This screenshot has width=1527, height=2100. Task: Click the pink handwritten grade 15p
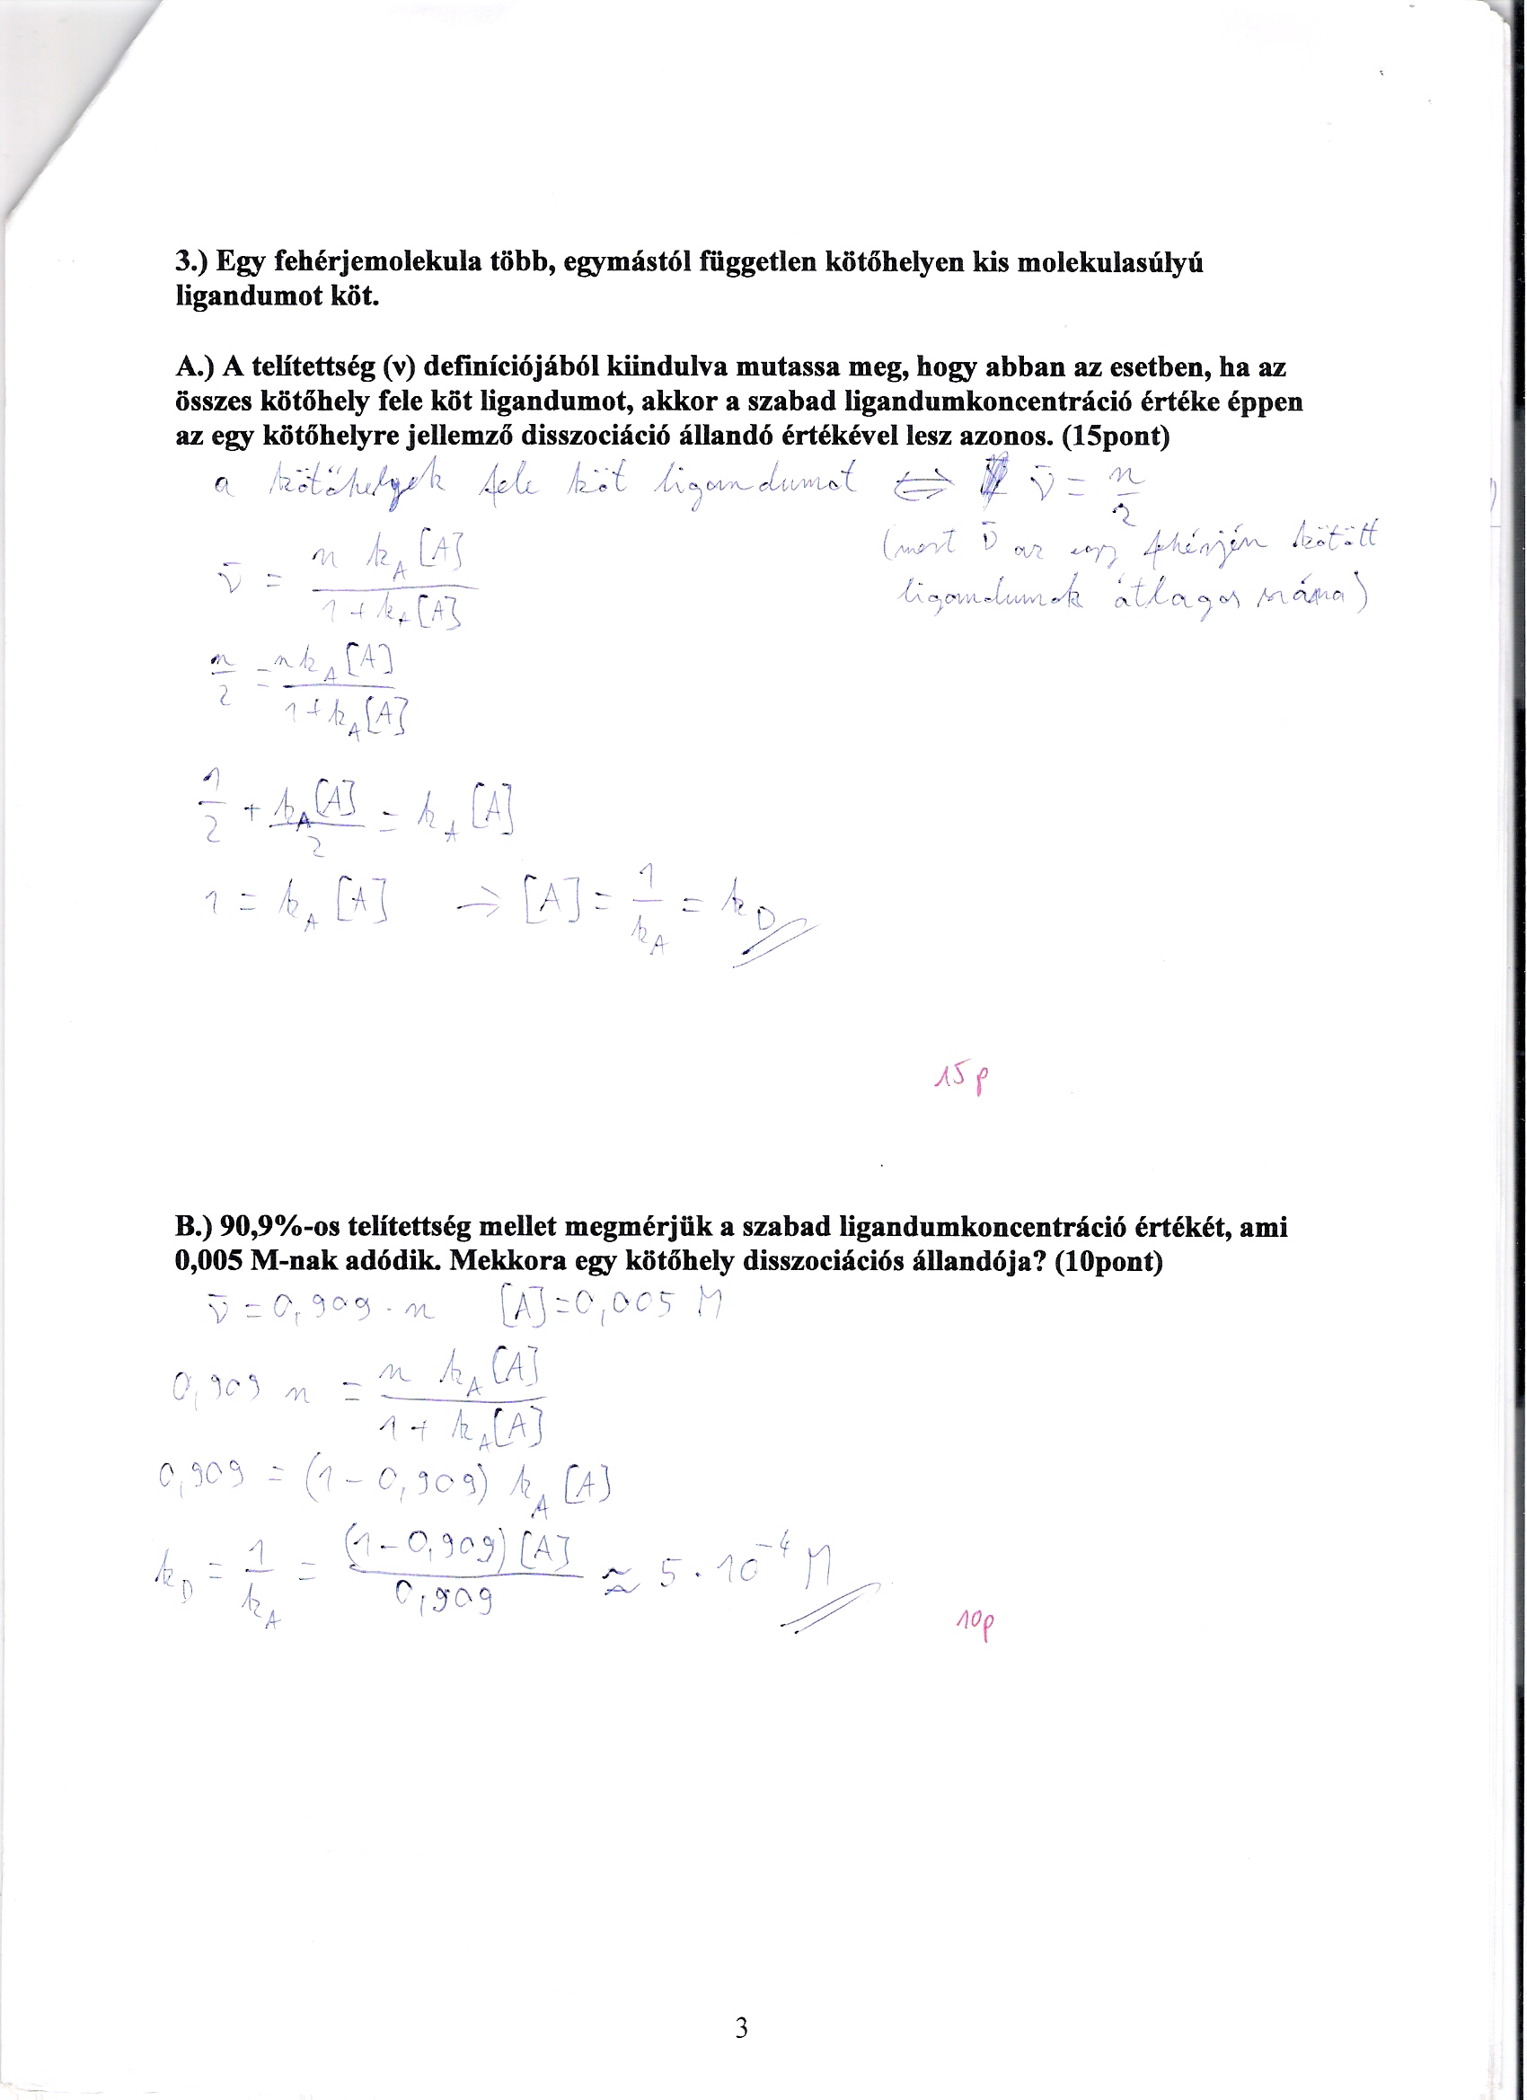pos(961,1078)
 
